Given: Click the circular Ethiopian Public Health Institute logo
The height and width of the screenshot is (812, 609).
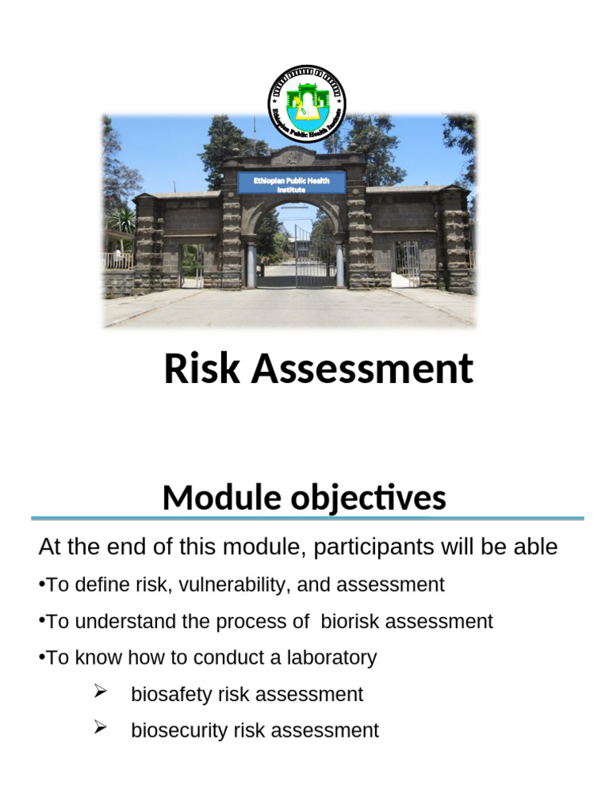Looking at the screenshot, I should (x=306, y=103).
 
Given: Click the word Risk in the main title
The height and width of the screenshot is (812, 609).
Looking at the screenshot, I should (x=202, y=370).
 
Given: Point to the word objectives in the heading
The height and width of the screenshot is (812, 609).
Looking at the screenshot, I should (x=362, y=498).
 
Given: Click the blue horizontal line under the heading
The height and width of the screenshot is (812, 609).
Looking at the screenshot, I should (x=308, y=518).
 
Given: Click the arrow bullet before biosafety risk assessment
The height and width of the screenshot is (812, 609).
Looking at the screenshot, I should (x=100, y=692).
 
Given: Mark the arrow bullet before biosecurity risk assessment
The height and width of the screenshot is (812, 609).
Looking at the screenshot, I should (x=100, y=728).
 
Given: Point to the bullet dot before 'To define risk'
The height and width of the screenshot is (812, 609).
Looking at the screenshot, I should (x=41, y=585).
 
